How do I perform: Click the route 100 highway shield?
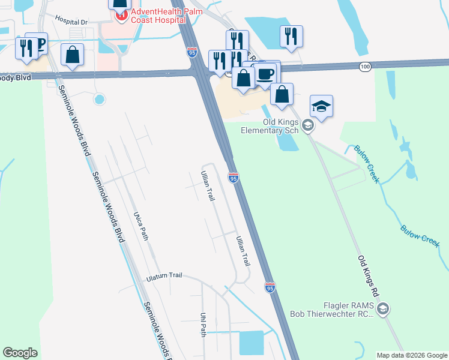point(365,65)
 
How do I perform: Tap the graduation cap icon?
point(321,107)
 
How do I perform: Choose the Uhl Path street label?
point(203,324)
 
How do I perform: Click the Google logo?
point(20,352)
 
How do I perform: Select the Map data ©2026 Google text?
point(412,355)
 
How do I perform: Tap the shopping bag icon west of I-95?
point(72,55)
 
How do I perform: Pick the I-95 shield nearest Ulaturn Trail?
point(270,288)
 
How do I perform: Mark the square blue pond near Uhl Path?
point(251,343)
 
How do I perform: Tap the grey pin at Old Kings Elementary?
point(308,125)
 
